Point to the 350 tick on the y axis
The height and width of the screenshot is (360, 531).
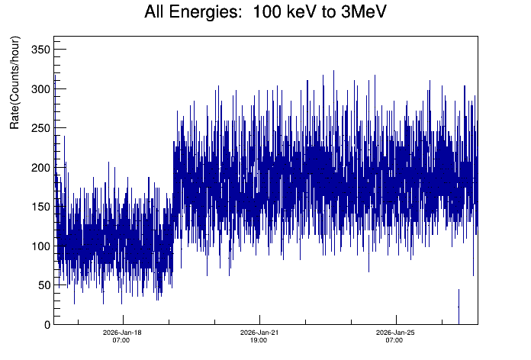pos(39,50)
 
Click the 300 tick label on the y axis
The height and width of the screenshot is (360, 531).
pos(39,89)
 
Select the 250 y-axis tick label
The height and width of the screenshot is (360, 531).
pos(39,128)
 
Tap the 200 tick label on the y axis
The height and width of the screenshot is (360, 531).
pos(39,168)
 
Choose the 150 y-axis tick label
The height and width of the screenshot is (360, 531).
pos(39,207)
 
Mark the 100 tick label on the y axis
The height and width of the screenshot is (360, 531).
pos(39,246)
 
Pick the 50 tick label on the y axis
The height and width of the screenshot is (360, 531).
pos(42,285)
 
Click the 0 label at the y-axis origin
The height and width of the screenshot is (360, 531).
pos(46,325)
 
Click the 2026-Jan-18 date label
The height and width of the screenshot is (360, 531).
pos(122,333)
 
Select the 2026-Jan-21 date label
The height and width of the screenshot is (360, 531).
pos(259,333)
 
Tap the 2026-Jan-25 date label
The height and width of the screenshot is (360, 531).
pos(394,333)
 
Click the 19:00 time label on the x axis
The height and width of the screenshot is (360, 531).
pos(259,340)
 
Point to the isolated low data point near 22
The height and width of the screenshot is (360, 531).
pos(459,306)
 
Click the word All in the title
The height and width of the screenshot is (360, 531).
pos(156,13)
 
